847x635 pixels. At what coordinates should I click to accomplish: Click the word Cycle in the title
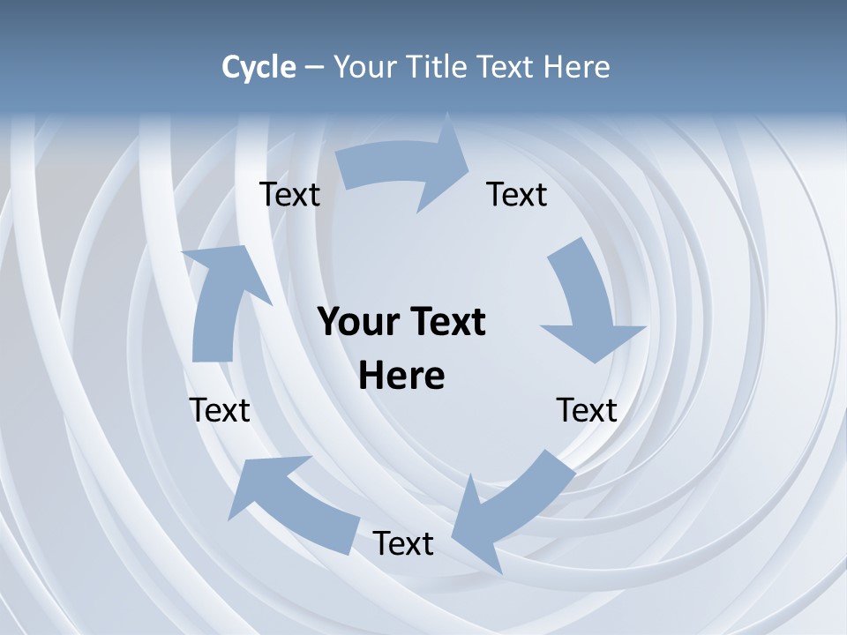tap(259, 67)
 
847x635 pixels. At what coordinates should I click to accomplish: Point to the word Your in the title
tap(364, 67)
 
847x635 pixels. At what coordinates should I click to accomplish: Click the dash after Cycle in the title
tap(314, 67)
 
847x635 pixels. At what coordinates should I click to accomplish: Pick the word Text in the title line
tap(506, 67)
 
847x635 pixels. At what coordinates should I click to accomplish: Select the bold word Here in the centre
tap(401, 376)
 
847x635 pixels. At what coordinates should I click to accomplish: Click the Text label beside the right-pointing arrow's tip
tap(517, 194)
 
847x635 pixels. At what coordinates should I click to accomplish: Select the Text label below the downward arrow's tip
tap(587, 410)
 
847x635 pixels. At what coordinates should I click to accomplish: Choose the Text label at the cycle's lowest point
tap(403, 543)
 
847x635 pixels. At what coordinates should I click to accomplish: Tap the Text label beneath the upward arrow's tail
tap(220, 410)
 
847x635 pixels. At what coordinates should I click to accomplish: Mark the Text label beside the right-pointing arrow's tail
tap(289, 194)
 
